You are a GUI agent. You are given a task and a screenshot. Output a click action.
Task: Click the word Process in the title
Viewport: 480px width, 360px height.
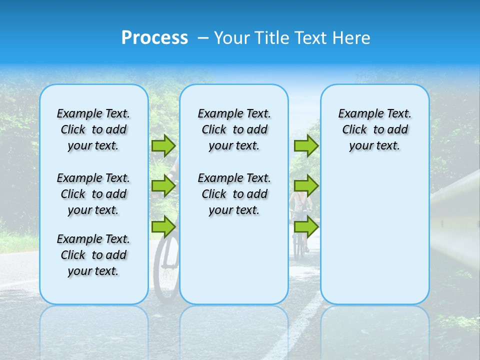154,38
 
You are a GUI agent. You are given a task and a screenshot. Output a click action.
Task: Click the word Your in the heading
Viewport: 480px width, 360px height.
232,38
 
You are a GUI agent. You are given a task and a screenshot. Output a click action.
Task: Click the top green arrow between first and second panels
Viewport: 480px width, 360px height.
163,145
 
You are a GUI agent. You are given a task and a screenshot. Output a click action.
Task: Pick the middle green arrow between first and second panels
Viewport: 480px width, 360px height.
163,186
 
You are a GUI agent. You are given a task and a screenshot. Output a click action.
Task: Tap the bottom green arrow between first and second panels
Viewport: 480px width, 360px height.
163,226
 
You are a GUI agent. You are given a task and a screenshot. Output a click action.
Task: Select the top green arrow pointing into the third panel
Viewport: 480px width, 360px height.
306,145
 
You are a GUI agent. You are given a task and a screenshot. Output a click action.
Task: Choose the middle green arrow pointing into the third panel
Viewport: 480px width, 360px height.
306,186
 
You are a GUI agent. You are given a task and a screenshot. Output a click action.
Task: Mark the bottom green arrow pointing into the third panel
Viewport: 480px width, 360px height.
306,226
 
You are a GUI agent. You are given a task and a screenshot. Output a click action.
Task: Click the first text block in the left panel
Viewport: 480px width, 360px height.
93,129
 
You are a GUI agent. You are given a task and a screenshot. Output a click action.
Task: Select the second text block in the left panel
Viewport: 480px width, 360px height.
93,194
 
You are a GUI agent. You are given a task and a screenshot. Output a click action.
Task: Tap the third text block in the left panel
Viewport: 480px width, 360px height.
93,255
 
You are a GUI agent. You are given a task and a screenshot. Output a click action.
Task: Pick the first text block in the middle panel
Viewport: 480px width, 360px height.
234,129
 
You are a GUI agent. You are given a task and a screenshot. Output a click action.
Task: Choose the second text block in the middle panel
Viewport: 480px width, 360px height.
234,194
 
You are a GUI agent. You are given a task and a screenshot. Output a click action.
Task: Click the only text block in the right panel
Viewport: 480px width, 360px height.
374,129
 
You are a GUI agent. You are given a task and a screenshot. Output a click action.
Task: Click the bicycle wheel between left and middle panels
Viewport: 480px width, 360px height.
165,270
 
